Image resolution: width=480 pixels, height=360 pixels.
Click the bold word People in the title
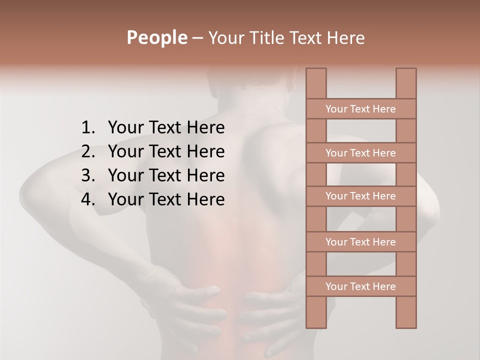click(x=156, y=37)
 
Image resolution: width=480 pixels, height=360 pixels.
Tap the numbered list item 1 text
click(x=166, y=127)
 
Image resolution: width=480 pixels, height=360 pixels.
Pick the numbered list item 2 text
click(x=166, y=151)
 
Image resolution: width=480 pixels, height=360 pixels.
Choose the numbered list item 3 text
click(x=166, y=175)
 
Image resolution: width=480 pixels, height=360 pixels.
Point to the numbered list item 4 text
click(x=166, y=199)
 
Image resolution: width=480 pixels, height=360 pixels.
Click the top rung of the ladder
click(x=360, y=109)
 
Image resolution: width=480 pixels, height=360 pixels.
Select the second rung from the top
click(x=360, y=153)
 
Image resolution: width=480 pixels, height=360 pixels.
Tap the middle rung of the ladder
click(x=360, y=196)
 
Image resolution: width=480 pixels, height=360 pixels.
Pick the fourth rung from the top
click(x=360, y=242)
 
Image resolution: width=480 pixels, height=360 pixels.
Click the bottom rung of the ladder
click(x=360, y=286)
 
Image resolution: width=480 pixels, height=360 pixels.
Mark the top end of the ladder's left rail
click(x=316, y=70)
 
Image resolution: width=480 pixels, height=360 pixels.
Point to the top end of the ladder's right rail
click(x=406, y=70)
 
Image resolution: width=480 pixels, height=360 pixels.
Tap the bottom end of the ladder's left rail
click(x=316, y=326)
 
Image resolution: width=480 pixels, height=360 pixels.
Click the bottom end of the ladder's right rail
click(x=406, y=326)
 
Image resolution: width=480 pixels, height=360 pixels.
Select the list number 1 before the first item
click(x=87, y=127)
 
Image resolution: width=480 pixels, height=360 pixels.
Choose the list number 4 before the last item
click(x=87, y=199)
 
